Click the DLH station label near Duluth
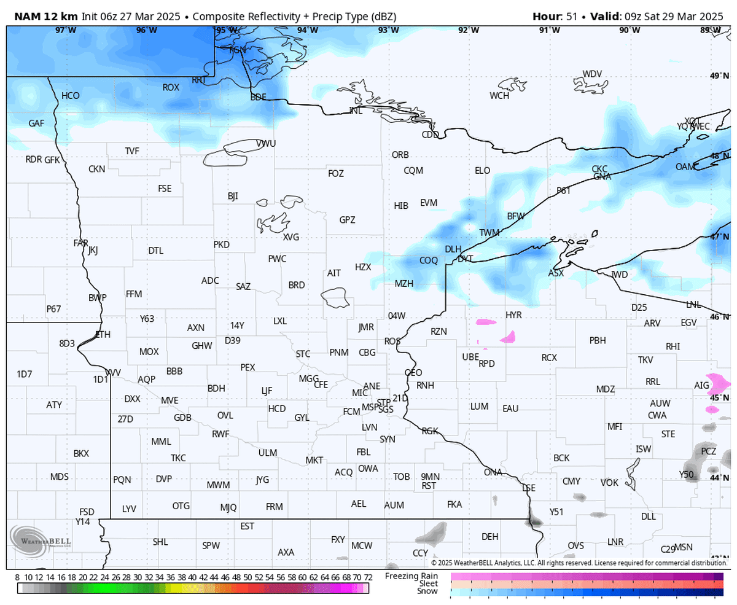click(x=453, y=249)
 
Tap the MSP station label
click(x=371, y=407)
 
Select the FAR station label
click(x=80, y=243)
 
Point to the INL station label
click(x=356, y=111)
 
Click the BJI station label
click(x=233, y=196)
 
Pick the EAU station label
click(x=510, y=408)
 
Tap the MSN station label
click(x=684, y=547)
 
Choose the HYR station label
click(x=513, y=314)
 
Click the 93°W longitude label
click(x=388, y=30)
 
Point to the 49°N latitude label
click(x=716, y=76)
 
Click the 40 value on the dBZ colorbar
click(x=192, y=577)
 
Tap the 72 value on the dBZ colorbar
click(x=368, y=577)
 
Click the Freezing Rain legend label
click(x=411, y=576)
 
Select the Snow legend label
click(x=427, y=591)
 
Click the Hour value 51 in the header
click(x=572, y=16)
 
